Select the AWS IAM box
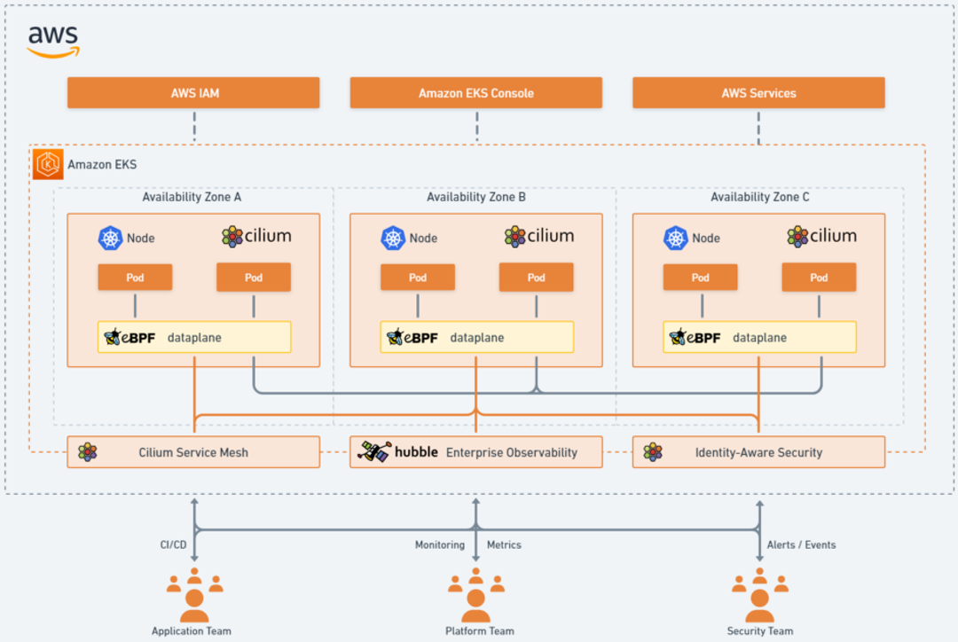point(193,93)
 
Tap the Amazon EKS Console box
point(476,93)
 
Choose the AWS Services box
point(758,93)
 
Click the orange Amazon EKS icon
point(48,164)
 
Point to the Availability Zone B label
point(476,197)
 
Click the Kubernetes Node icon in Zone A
point(111,238)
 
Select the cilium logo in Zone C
point(821,237)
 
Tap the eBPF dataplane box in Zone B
point(476,337)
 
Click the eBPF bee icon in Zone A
point(113,337)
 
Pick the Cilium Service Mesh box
point(193,452)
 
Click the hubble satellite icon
point(374,451)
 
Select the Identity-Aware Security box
point(758,452)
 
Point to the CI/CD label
point(174,544)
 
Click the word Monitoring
point(440,544)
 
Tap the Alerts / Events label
point(802,544)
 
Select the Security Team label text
point(760,631)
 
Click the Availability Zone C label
point(760,197)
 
